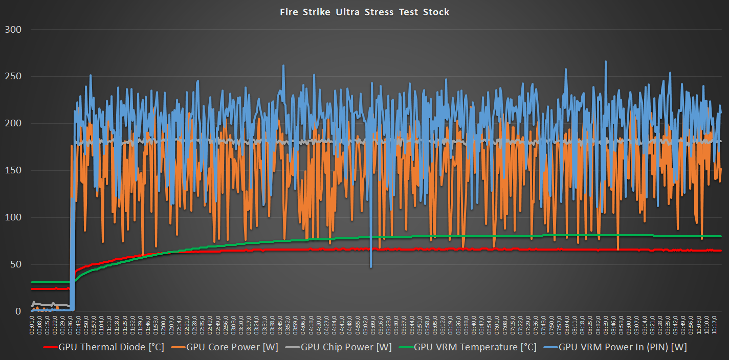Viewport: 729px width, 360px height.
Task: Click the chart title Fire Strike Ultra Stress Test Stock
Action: [x=364, y=12]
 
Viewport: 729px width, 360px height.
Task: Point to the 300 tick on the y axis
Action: [x=13, y=29]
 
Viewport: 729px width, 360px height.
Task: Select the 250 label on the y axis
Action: [x=13, y=76]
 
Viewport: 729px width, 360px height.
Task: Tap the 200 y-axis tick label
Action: [x=13, y=123]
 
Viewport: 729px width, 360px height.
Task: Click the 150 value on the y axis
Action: [x=13, y=170]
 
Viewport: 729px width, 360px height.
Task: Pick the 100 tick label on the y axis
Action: [x=13, y=217]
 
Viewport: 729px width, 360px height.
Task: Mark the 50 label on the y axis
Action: [x=15, y=264]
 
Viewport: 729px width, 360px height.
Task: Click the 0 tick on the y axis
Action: [x=18, y=311]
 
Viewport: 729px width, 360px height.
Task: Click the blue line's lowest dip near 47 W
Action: [x=371, y=266]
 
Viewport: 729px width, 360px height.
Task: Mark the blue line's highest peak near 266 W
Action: [x=606, y=62]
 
